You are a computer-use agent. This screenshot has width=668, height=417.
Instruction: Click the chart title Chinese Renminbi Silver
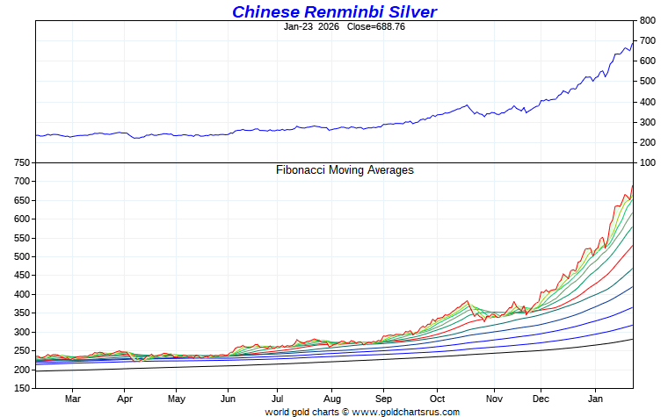(334, 11)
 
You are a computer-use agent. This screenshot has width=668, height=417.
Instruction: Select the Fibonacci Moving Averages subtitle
(345, 170)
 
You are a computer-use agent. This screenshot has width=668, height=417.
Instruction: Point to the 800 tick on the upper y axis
(647, 20)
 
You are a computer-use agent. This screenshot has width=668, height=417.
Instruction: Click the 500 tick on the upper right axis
(647, 82)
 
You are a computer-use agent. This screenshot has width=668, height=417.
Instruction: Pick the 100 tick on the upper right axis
(647, 163)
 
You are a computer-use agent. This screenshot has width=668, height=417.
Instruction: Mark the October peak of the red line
(468, 300)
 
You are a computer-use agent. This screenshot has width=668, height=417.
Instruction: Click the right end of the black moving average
(633, 339)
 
